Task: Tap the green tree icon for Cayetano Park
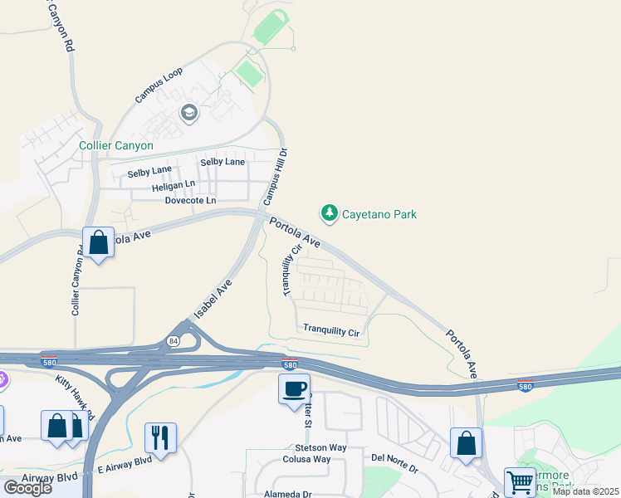coord(330,214)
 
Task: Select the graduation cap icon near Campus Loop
coord(189,113)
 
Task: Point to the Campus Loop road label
coord(159,85)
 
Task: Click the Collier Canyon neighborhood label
coord(116,145)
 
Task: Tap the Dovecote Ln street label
coord(190,201)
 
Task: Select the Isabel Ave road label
coord(213,300)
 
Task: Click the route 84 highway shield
coord(173,340)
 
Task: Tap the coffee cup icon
coord(294,389)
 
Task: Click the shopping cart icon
coord(520,481)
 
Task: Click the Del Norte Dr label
coord(394,457)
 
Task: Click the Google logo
coord(28,487)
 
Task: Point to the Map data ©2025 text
coord(584,491)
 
